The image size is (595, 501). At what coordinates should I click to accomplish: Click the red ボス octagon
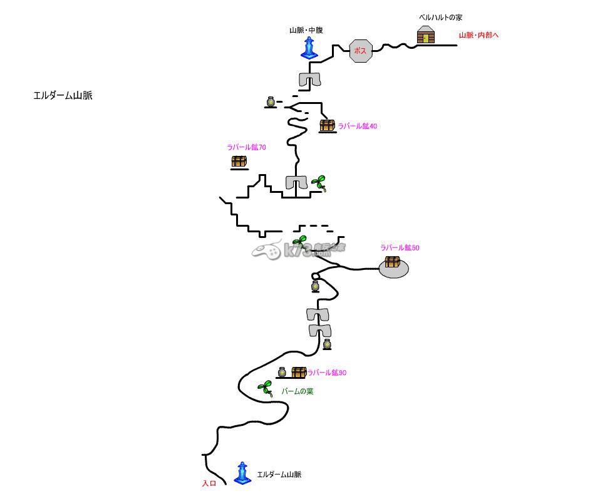361,51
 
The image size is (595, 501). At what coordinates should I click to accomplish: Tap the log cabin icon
426,36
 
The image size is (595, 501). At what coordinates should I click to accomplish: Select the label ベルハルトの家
440,18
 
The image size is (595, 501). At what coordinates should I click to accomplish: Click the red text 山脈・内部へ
479,36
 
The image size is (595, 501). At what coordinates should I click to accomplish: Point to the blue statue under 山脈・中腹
309,48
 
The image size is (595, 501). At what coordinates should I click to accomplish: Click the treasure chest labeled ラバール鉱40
328,126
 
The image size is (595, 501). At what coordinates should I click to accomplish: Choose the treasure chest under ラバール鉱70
239,162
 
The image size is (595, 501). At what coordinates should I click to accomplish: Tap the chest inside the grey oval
393,262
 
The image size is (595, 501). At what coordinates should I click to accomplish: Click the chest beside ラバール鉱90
299,373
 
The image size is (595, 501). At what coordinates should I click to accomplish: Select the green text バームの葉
297,391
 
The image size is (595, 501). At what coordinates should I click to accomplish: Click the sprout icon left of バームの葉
266,389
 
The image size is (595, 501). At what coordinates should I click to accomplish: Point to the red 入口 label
209,483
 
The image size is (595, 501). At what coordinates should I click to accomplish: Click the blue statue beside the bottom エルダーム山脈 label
242,473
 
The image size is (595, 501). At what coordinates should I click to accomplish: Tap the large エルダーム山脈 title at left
63,96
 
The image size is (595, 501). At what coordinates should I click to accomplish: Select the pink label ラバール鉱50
400,248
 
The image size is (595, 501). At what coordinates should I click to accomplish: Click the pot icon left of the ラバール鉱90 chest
282,373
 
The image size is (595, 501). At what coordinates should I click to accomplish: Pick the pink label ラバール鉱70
246,148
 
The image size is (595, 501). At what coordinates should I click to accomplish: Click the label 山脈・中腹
306,30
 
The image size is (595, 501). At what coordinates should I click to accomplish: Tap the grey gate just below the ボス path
309,80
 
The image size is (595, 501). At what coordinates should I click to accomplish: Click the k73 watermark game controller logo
267,251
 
